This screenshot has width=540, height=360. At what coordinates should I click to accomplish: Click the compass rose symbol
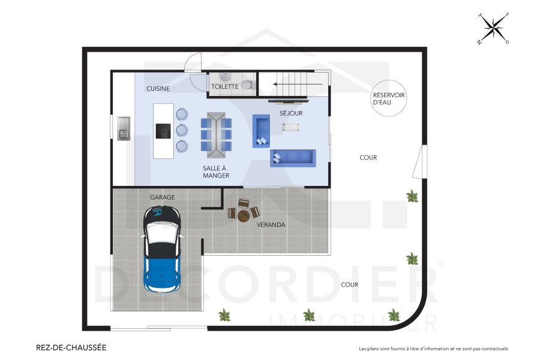click(x=493, y=28)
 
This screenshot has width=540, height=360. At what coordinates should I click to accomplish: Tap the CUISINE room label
click(x=158, y=89)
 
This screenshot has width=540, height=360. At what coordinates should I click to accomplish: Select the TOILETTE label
click(x=225, y=87)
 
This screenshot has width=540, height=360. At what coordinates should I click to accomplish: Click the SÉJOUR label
click(x=291, y=113)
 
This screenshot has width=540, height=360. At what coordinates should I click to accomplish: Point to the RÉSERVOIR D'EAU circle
click(x=389, y=98)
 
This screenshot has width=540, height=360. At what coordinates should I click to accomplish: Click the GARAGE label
click(x=162, y=197)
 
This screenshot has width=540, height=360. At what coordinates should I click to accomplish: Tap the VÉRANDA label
click(x=271, y=225)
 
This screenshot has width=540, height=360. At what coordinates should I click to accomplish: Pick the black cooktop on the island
click(x=164, y=131)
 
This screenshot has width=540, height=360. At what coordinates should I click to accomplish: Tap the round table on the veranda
click(x=243, y=215)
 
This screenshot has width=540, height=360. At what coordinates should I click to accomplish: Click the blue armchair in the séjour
click(x=261, y=130)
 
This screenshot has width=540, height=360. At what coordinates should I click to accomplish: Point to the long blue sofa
click(x=292, y=158)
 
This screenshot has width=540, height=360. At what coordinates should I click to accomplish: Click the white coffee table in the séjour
click(x=291, y=127)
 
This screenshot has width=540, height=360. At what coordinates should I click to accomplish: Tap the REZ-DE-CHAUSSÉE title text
click(x=71, y=347)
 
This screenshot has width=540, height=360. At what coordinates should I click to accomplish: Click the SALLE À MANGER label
click(x=216, y=172)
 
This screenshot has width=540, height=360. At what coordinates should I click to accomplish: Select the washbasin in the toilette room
click(x=224, y=77)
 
